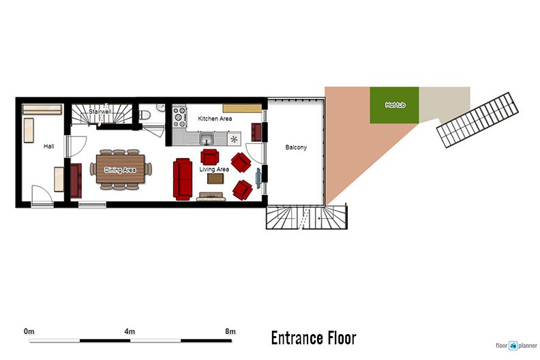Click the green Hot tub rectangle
[394, 105]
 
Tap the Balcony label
[296, 147]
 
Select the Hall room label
[49, 147]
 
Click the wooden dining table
[120, 169]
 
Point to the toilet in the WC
[144, 115]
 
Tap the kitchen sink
[207, 139]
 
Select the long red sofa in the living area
[183, 179]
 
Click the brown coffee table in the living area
[215, 179]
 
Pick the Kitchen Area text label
[215, 119]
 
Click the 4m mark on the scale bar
[130, 341]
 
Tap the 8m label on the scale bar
[230, 331]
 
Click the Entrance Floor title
[314, 338]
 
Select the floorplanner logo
[516, 346]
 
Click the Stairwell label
[100, 112]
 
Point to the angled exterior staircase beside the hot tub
[477, 120]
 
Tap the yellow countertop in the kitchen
[242, 108]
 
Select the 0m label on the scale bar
[29, 331]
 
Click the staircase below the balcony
[307, 217]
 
